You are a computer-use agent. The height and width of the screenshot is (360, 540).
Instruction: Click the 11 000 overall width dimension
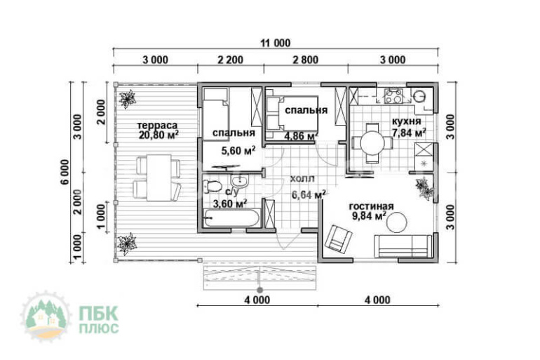pos(275,43)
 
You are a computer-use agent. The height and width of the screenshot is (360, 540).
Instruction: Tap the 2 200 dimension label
pos(231,60)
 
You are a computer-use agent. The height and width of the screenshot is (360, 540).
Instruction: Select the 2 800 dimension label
pos(306,60)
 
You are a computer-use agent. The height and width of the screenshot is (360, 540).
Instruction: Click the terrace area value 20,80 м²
pos(158,135)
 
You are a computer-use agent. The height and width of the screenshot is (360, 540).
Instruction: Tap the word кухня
pos(406,121)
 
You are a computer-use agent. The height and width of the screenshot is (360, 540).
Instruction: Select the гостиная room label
pos(371,206)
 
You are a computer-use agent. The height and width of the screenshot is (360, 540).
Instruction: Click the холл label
pos(302,179)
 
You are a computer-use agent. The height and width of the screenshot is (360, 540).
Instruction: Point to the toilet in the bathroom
pos(212,187)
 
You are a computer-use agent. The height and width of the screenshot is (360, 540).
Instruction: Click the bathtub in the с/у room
pos(231,218)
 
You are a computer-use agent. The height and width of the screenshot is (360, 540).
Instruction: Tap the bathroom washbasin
pos(239,181)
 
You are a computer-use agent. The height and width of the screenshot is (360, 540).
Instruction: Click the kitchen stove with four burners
pos(393,95)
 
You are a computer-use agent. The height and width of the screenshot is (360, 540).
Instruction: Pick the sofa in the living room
pos(403,246)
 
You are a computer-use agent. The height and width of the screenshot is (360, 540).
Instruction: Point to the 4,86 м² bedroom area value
pos(299,135)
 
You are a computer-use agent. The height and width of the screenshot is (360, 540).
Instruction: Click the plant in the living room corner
pos(424,188)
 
